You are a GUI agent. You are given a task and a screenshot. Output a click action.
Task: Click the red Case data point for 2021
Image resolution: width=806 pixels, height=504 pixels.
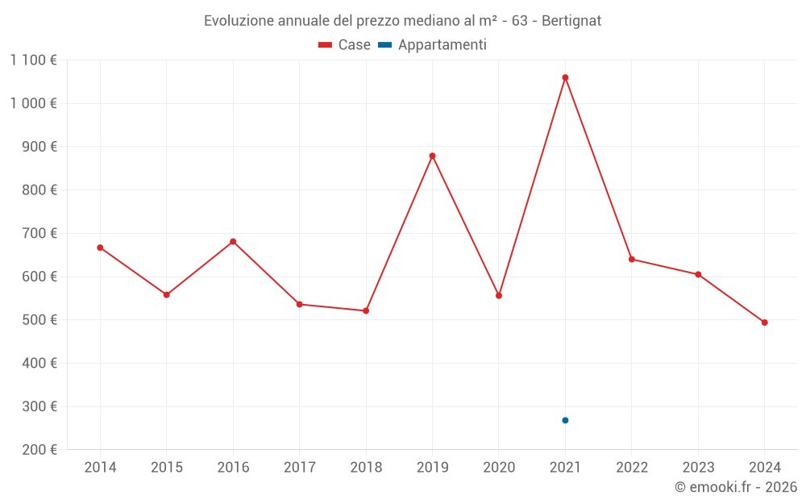click(565, 77)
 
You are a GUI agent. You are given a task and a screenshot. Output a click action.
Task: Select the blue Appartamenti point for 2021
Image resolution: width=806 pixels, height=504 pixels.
click(565, 420)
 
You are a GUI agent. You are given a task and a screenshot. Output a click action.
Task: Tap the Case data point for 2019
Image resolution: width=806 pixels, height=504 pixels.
click(432, 156)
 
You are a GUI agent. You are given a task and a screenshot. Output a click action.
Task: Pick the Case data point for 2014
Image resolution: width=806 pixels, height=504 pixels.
click(100, 248)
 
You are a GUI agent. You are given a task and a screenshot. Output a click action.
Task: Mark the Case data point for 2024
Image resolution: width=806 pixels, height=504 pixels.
click(764, 323)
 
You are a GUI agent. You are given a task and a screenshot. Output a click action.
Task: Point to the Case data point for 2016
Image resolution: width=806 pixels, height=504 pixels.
click(233, 242)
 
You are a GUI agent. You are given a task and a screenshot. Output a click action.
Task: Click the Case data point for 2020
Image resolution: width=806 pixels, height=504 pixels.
click(499, 296)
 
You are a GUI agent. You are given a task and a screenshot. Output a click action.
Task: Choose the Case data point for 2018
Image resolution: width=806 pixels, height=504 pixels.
click(366, 310)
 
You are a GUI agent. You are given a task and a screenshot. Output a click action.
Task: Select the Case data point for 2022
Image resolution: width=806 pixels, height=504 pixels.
click(632, 259)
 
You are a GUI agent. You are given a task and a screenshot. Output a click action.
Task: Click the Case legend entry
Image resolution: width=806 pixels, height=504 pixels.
click(345, 45)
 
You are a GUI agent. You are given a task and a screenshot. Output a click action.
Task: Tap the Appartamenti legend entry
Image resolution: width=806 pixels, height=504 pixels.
click(433, 45)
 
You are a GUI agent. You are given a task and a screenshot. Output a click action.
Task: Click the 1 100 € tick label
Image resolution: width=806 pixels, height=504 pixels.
click(34, 60)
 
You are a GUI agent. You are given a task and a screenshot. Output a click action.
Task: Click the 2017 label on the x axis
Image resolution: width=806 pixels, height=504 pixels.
click(299, 468)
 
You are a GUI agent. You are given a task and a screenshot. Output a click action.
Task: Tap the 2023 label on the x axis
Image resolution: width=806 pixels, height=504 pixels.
click(698, 468)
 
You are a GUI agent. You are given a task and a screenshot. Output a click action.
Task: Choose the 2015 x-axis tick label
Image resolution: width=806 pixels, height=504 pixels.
click(167, 468)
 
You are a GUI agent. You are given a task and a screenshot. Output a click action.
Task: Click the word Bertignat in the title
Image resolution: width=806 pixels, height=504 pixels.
click(571, 20)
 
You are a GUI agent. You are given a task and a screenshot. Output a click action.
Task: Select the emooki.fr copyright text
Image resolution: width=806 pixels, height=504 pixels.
click(736, 487)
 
